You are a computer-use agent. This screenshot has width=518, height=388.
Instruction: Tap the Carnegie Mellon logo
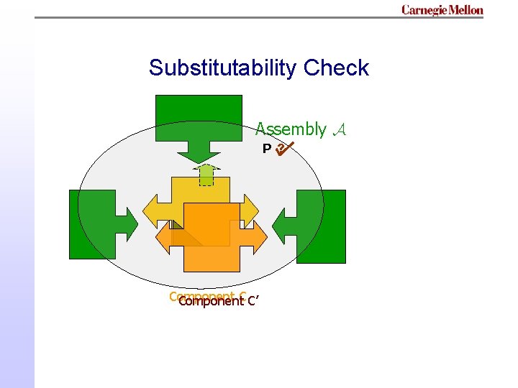(442, 10)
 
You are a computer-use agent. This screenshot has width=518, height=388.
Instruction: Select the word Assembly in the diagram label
(291, 129)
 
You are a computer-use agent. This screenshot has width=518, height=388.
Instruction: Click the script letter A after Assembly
(340, 129)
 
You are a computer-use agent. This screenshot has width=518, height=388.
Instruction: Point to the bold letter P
(266, 149)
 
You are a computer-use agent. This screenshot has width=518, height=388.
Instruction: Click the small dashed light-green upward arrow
(206, 174)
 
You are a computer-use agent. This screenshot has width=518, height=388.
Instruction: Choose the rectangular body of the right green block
(322, 226)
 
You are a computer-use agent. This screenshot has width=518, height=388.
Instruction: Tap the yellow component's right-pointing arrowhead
(250, 211)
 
